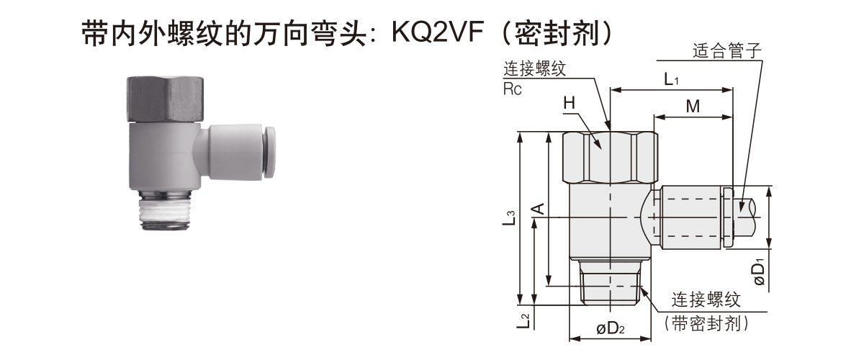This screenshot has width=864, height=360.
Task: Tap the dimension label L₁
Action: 671,79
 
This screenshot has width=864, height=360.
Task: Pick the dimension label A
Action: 537,210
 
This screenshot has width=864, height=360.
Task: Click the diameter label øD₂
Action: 611,330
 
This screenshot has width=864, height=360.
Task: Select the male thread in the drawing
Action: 611,282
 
